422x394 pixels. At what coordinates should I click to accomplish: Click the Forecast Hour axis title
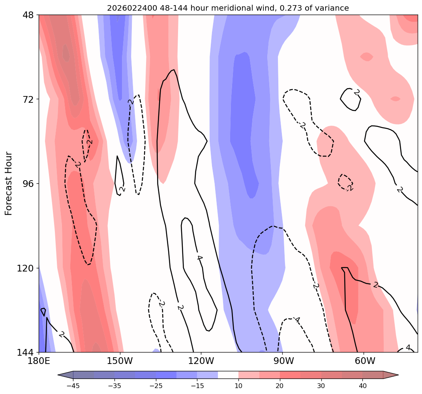pyautogui.click(x=9, y=183)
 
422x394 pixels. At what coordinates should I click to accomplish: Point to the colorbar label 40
pyautogui.click(x=362, y=386)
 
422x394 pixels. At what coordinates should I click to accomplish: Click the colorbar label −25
pyautogui.click(x=155, y=386)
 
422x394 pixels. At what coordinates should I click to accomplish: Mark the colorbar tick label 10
pyautogui.click(x=238, y=386)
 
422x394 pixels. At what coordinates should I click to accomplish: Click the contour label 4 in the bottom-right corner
pyautogui.click(x=408, y=348)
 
